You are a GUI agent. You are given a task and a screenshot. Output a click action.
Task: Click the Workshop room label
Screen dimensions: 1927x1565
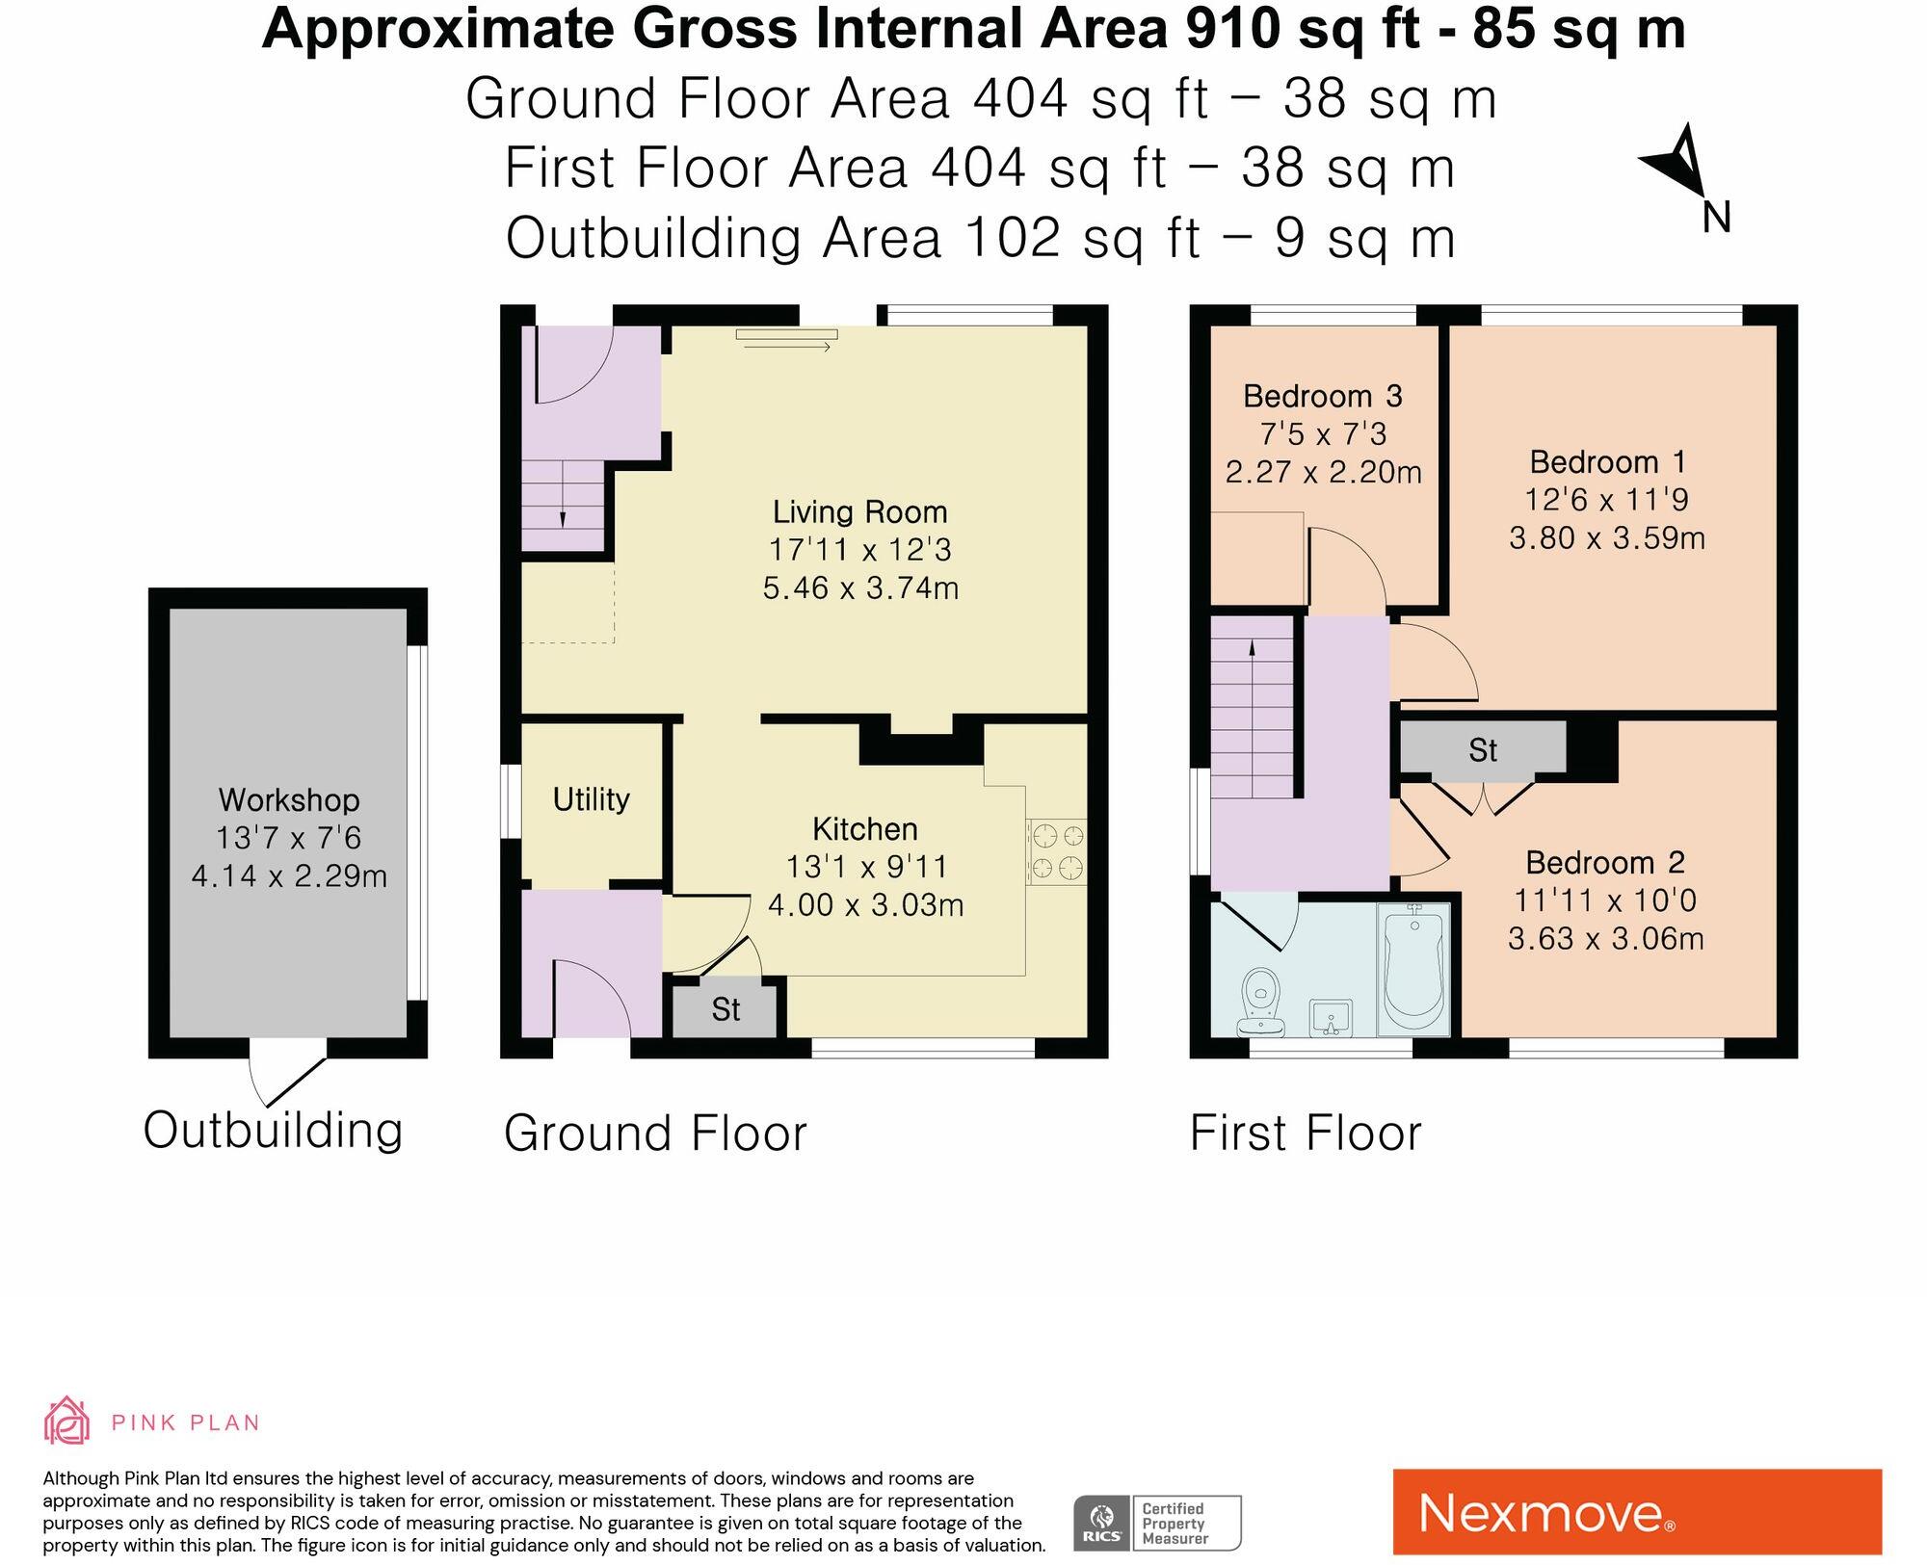coord(289,800)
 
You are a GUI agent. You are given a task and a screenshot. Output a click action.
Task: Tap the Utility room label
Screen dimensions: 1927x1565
coord(591,799)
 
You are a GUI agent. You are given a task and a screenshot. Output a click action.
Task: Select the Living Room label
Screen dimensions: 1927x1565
coord(860,511)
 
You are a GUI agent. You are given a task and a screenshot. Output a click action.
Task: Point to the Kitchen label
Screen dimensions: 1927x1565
coord(865,829)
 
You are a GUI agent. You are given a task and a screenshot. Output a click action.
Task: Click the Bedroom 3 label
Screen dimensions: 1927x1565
coord(1323,396)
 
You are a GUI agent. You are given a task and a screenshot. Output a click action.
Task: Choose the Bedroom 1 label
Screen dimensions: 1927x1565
coord(1607,462)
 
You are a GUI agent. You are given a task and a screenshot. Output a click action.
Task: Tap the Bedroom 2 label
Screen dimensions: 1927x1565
coord(1605,862)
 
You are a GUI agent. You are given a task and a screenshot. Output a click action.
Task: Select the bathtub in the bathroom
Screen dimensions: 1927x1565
coord(1413,969)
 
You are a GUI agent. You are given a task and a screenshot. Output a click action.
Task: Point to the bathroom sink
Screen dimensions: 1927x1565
coord(1332,1017)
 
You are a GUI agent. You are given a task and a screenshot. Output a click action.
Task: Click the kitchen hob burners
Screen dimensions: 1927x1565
coord(1057,851)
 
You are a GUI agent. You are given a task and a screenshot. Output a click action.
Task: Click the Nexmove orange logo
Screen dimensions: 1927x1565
coord(1637,1511)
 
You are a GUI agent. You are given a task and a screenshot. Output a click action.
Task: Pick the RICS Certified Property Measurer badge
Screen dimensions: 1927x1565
coord(1158,1523)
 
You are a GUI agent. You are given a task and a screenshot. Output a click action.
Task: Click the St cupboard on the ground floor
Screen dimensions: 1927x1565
coord(725,1009)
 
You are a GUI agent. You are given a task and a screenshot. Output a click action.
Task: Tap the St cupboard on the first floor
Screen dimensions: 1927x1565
coord(1483,749)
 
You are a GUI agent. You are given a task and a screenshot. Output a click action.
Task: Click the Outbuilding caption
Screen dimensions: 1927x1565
coord(273,1130)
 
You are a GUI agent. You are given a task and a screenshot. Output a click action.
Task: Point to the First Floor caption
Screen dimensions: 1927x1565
coord(1306,1133)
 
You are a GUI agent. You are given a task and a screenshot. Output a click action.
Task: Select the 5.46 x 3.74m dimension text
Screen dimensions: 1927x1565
coord(860,587)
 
